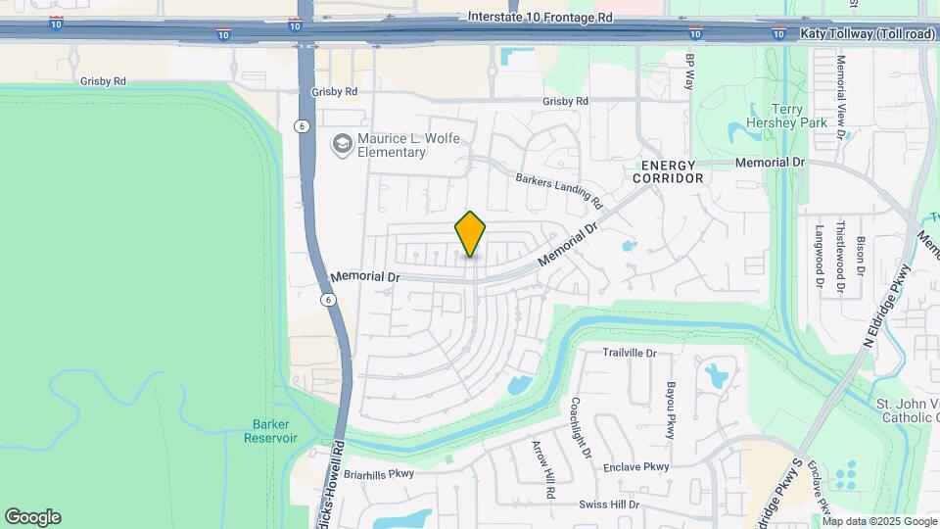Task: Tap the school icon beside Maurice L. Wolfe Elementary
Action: (x=342, y=145)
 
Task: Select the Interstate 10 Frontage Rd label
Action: (x=540, y=17)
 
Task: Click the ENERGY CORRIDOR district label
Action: (x=668, y=171)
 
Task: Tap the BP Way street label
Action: (x=689, y=73)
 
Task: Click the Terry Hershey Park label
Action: (x=801, y=116)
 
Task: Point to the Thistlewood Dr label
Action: (x=840, y=257)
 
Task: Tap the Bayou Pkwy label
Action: (x=672, y=409)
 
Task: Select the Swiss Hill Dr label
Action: (x=608, y=505)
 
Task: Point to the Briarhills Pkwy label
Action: (x=380, y=473)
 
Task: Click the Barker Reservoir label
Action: (x=270, y=431)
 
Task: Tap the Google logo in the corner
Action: (x=32, y=517)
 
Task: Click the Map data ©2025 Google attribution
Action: (x=879, y=521)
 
